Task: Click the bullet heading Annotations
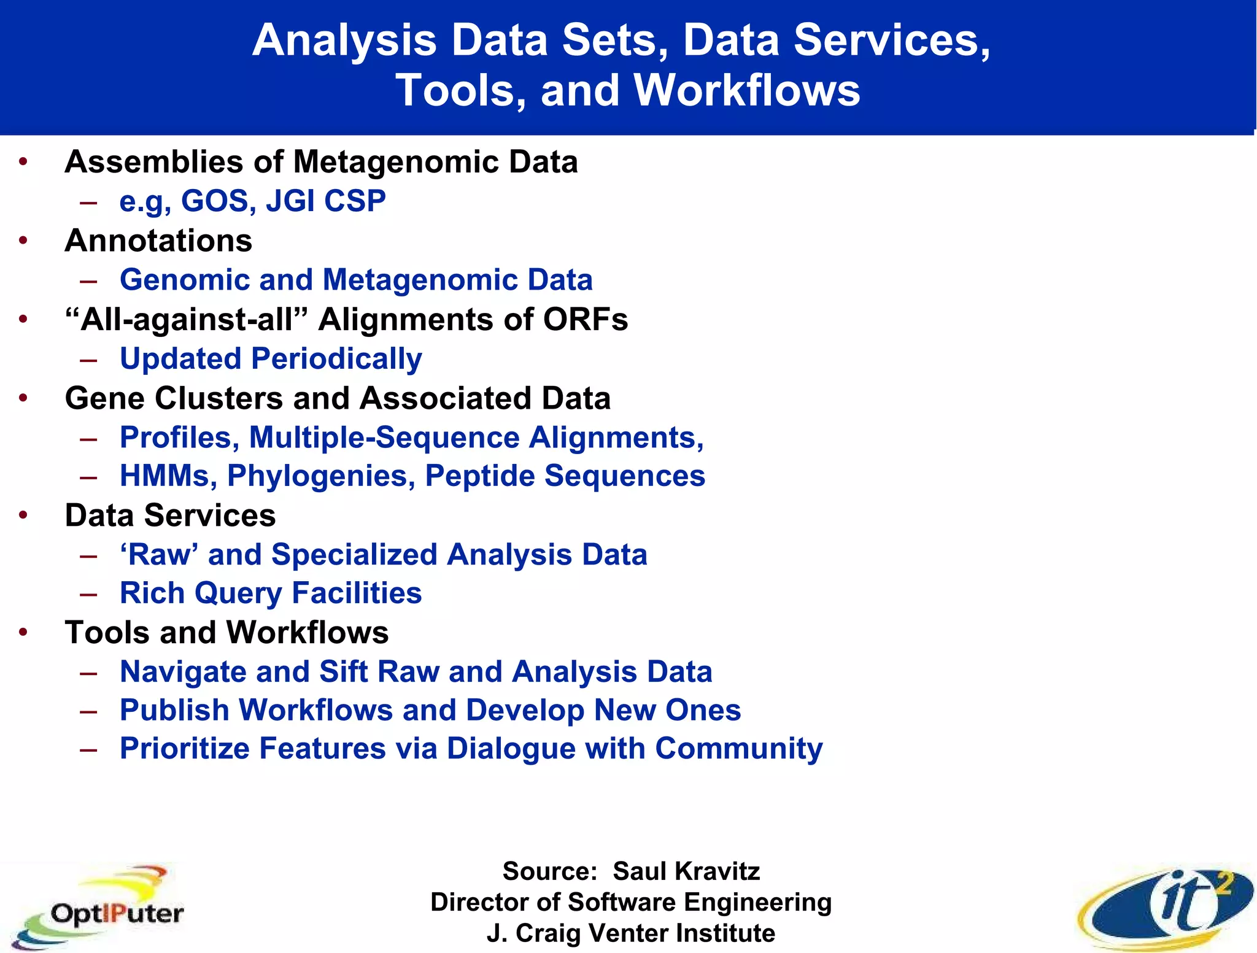click(158, 240)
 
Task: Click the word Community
click(738, 749)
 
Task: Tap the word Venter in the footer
click(628, 933)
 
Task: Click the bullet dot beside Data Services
click(23, 515)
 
